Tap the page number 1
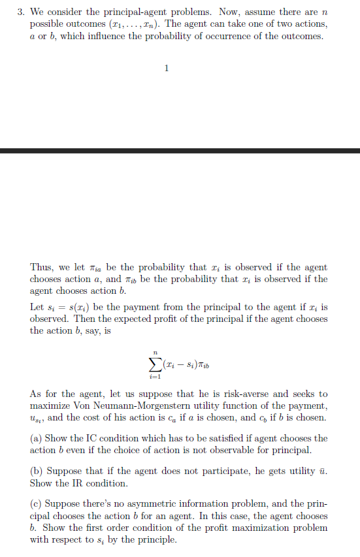167,68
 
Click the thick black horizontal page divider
180,151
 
